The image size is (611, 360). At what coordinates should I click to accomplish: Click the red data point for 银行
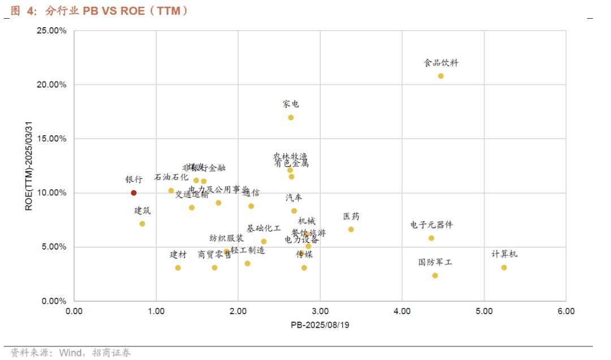(x=134, y=193)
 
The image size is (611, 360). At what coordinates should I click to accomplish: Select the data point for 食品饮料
(x=441, y=76)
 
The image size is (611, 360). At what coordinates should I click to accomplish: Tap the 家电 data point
(x=291, y=118)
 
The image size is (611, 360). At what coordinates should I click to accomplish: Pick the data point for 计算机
(x=504, y=268)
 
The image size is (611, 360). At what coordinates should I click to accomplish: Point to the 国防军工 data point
(x=435, y=276)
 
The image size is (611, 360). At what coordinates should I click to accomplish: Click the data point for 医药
(x=351, y=229)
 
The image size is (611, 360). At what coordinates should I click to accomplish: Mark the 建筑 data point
(x=142, y=224)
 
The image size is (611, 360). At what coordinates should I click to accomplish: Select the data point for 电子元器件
(x=431, y=238)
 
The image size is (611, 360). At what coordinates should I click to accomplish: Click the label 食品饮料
(x=441, y=63)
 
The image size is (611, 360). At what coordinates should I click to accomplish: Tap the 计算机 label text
(x=505, y=254)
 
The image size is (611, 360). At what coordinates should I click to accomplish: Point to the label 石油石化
(x=171, y=177)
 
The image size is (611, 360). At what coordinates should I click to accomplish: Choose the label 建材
(x=178, y=255)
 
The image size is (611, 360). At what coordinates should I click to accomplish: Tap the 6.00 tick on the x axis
(x=566, y=311)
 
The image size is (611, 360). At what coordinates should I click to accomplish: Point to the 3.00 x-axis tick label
(x=320, y=311)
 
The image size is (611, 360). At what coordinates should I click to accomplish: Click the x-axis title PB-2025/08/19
(x=320, y=325)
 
